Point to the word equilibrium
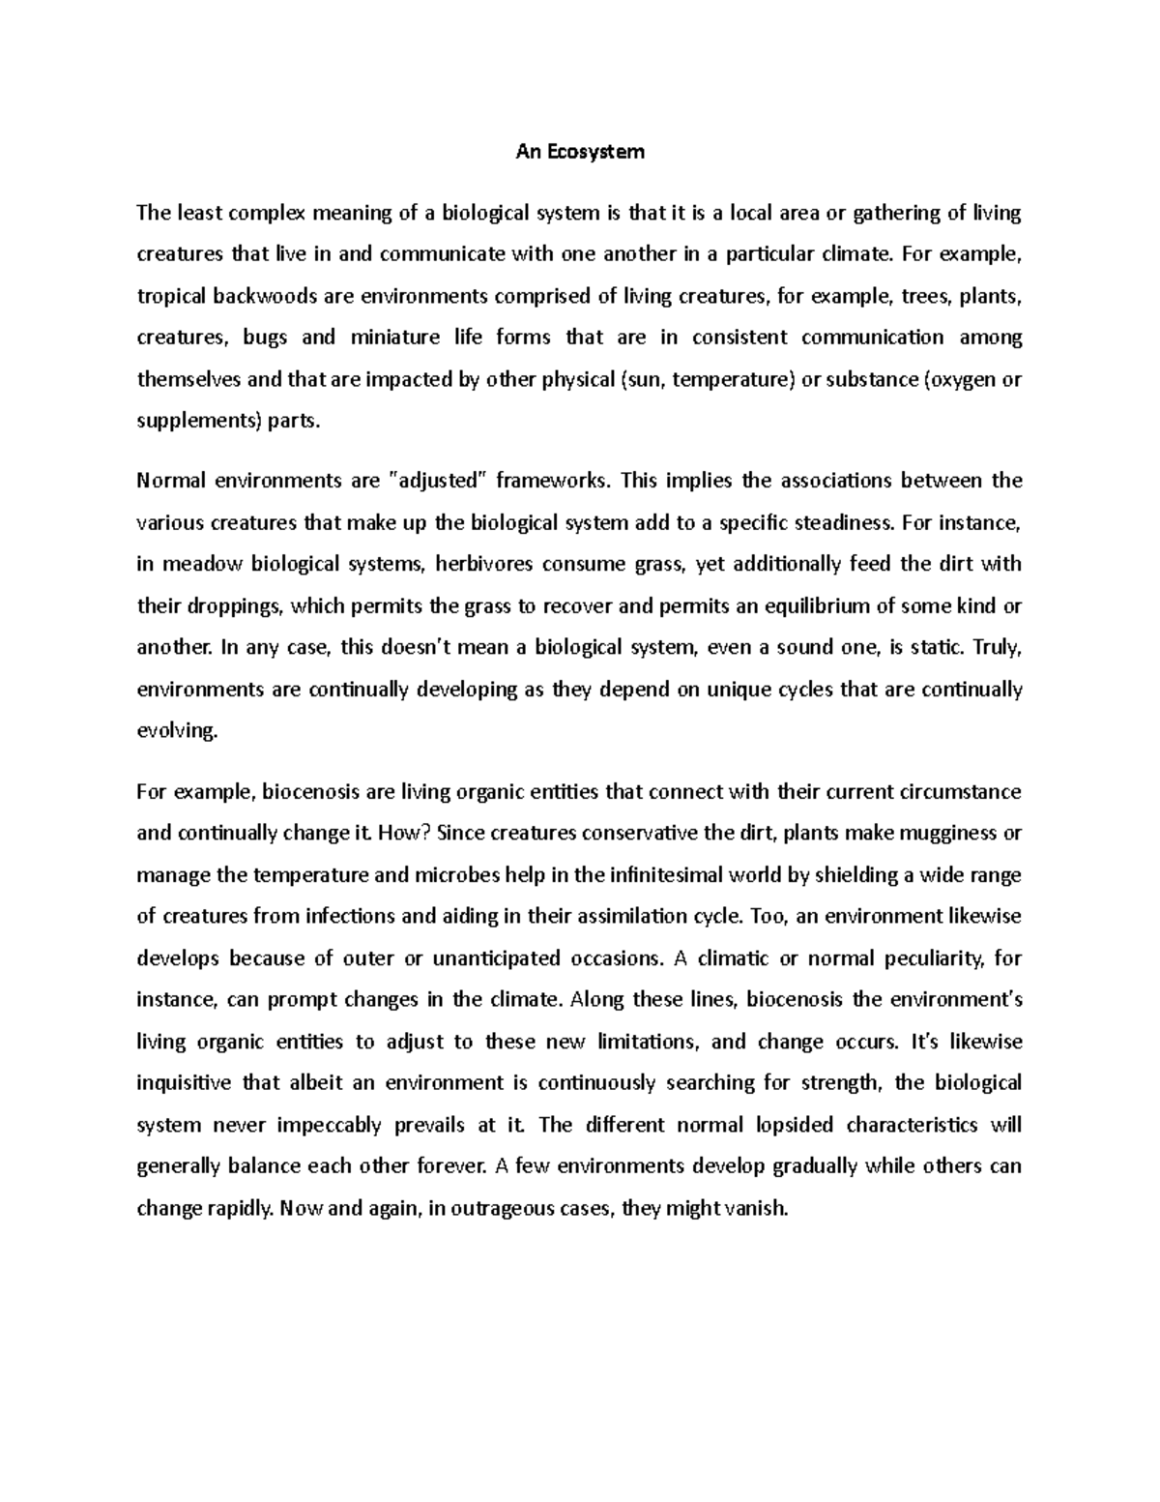tap(814, 606)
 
